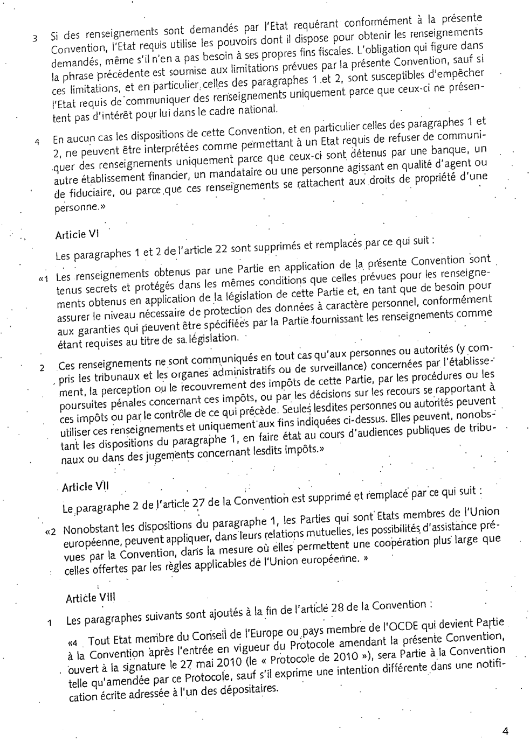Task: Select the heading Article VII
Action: tap(85, 487)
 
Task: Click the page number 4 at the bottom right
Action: tap(505, 730)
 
